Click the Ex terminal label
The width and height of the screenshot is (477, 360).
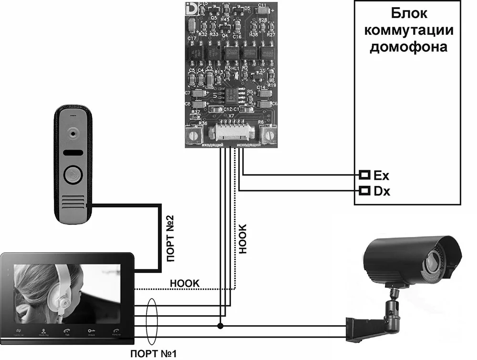point(381,175)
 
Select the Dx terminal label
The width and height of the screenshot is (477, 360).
point(381,192)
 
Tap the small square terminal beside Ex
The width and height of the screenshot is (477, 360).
point(364,175)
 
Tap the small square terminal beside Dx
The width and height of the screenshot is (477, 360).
point(364,191)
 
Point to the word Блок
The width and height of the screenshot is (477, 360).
point(407,13)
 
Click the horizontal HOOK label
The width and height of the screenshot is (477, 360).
point(184,283)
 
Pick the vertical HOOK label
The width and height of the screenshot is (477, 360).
point(244,238)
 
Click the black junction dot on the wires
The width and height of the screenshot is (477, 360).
point(220,326)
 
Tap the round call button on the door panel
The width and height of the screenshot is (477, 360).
point(72,175)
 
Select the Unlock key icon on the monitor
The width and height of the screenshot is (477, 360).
point(90,331)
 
